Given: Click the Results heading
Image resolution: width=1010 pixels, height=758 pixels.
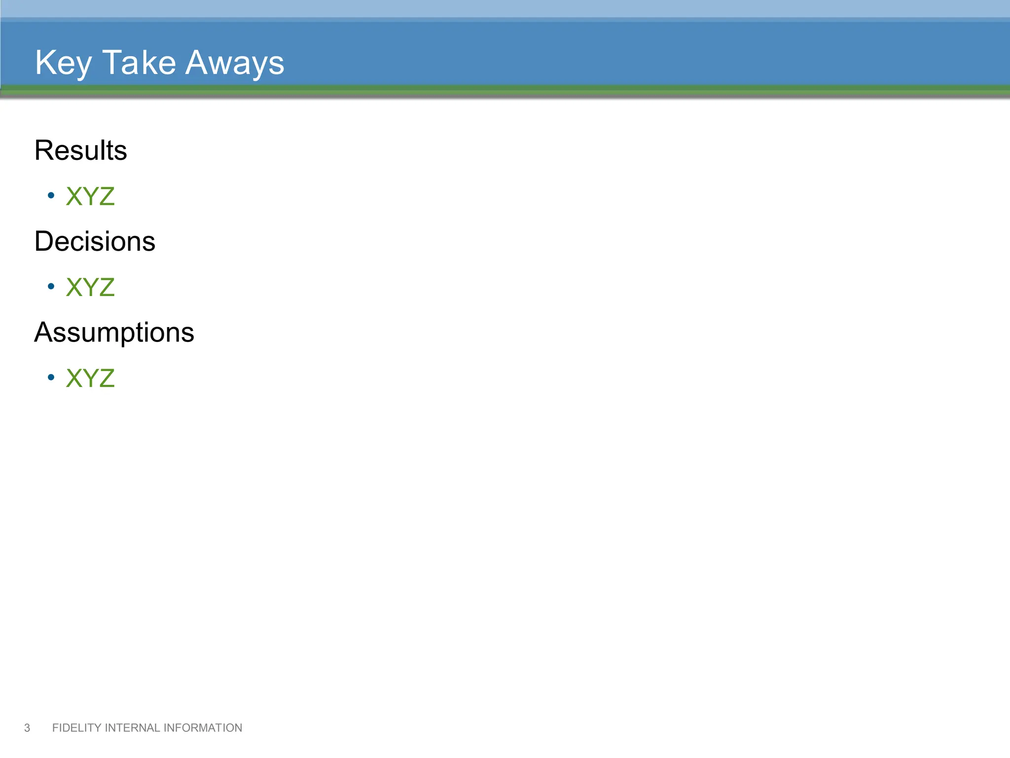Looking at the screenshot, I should tap(80, 150).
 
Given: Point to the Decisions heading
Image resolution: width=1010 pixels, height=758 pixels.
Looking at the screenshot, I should tap(95, 241).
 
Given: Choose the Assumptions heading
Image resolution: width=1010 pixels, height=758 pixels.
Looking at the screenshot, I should tap(114, 332).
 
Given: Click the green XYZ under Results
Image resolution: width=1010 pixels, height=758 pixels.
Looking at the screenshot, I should tap(90, 196).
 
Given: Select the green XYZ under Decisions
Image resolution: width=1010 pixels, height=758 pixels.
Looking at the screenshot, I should tap(90, 287).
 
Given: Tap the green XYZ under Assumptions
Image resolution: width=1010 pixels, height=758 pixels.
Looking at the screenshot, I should tap(90, 379).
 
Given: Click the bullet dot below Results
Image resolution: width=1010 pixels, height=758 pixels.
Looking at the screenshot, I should tap(51, 195).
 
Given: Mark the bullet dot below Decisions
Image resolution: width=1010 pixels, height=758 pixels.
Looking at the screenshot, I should tap(51, 286).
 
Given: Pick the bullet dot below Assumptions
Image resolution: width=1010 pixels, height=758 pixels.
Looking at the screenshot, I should tap(51, 378).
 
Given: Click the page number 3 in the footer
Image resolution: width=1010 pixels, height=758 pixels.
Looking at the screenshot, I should tap(27, 728).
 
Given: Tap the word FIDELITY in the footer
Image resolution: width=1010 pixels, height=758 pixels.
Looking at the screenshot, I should tap(76, 728).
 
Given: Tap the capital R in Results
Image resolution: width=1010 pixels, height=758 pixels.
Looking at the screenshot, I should tap(43, 150).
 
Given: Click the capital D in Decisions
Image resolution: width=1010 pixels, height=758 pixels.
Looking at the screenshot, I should tap(44, 241).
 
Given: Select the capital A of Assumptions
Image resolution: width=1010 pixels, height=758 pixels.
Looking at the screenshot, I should tap(44, 332).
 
